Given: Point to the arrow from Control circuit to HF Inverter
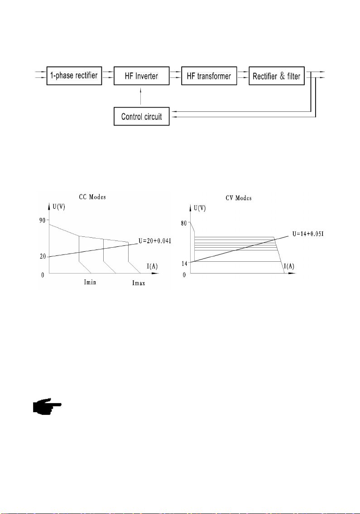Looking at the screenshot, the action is point(141,96).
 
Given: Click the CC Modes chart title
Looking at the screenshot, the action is point(92,197).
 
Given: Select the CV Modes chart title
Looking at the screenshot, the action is point(239,198).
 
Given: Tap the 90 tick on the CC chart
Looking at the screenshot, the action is point(42,220).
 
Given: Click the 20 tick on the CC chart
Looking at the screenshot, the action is point(43,257).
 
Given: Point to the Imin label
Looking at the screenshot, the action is point(90,282).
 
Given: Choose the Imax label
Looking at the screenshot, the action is point(139,283).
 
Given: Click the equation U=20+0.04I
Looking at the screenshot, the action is point(155,241).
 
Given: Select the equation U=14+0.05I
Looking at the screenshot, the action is point(308,234).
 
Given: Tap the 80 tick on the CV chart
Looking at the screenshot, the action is point(183,223).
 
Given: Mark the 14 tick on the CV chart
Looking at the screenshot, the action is point(184,263).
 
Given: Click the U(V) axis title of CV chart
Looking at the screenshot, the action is point(200,208).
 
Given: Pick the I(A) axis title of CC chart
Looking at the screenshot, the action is point(152,266).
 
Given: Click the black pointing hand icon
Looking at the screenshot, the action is point(47,407).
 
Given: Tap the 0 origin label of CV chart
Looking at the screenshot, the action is point(184,275).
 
